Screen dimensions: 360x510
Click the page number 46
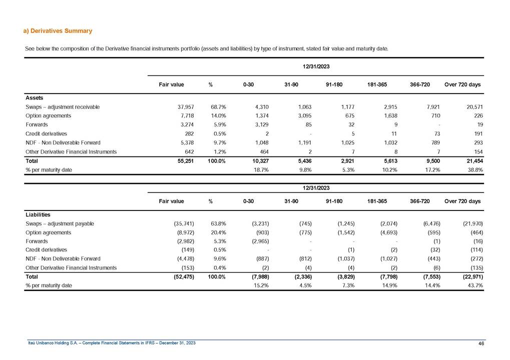[481, 342]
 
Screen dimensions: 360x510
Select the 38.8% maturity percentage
[474, 170]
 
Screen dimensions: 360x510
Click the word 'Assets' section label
[34, 98]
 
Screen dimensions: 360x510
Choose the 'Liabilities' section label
[38, 214]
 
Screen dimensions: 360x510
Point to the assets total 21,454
[471, 161]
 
